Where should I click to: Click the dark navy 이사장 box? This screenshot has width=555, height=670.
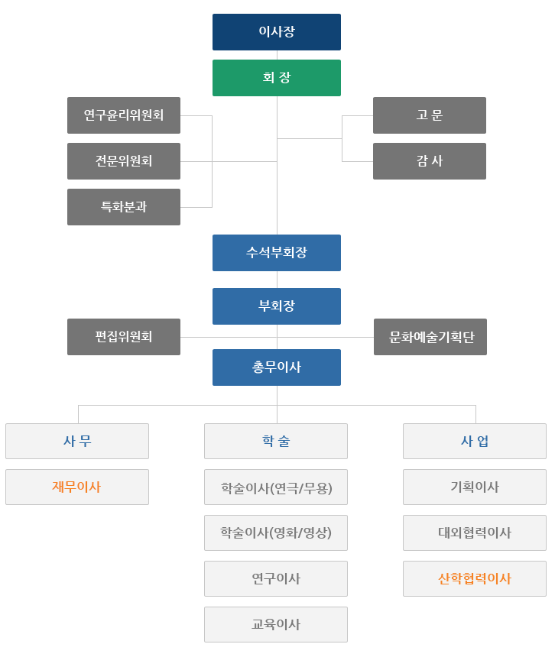pyautogui.click(x=277, y=32)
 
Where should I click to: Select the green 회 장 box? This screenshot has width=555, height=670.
pyautogui.click(x=277, y=78)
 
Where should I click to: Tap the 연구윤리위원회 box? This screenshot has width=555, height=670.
pyautogui.click(x=124, y=115)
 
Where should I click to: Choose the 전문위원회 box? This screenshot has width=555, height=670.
pyautogui.click(x=124, y=161)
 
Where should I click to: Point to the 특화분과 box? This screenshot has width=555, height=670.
pyautogui.click(x=124, y=207)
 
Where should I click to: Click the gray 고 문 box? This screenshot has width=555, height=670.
pyautogui.click(x=430, y=115)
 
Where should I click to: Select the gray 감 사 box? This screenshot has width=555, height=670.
pyautogui.click(x=430, y=161)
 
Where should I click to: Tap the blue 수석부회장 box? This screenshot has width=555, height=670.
pyautogui.click(x=277, y=253)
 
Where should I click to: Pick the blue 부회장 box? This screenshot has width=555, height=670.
pyautogui.click(x=277, y=306)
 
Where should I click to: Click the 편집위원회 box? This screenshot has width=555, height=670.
pyautogui.click(x=124, y=337)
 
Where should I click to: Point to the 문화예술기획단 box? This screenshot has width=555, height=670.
pyautogui.click(x=430, y=337)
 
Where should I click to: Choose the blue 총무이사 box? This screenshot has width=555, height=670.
pyautogui.click(x=277, y=367)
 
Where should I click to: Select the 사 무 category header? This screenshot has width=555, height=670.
pyautogui.click(x=77, y=441)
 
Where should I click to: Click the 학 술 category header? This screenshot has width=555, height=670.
pyautogui.click(x=276, y=441)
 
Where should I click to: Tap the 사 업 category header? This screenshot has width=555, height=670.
pyautogui.click(x=475, y=441)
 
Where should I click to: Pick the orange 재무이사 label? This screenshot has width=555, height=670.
pyautogui.click(x=76, y=487)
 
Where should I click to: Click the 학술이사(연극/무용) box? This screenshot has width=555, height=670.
pyautogui.click(x=276, y=487)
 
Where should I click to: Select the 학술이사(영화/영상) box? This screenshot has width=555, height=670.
pyautogui.click(x=276, y=532)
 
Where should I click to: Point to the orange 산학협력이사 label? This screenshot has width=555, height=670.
pyautogui.click(x=475, y=578)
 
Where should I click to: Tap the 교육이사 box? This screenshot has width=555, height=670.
pyautogui.click(x=276, y=624)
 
